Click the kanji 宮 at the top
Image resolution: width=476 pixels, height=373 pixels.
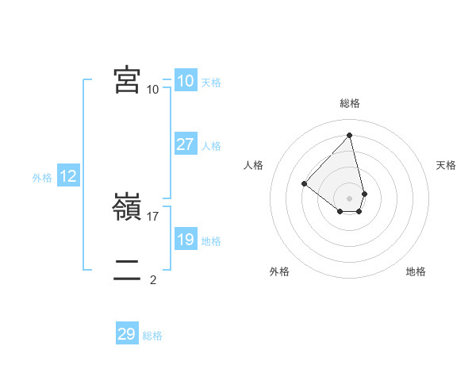click(x=127, y=80)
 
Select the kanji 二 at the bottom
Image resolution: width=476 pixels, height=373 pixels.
click(x=127, y=270)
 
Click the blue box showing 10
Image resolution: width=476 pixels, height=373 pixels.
click(x=185, y=81)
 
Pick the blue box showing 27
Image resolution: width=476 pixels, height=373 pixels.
click(x=185, y=144)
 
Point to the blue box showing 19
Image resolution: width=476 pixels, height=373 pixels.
click(x=185, y=240)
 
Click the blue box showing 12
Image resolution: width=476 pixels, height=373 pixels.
click(x=68, y=176)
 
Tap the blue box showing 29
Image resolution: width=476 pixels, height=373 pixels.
click(x=127, y=334)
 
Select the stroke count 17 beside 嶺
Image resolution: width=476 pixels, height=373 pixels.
click(x=154, y=216)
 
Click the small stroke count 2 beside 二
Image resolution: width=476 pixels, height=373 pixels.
click(x=153, y=279)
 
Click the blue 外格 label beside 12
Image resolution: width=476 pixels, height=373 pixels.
click(x=42, y=178)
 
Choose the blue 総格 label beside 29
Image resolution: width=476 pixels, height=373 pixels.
click(x=152, y=336)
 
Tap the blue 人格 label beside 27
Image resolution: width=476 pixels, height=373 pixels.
click(x=211, y=146)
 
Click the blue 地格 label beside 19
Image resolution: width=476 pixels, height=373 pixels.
click(x=211, y=241)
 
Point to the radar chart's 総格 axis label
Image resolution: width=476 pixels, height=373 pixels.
click(x=350, y=103)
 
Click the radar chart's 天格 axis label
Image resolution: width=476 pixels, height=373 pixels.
click(x=447, y=165)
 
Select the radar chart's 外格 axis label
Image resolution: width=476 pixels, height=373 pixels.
click(x=279, y=271)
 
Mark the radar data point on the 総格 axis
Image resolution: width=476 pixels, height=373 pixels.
click(x=350, y=135)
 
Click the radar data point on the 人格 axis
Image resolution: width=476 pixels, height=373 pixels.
click(x=304, y=183)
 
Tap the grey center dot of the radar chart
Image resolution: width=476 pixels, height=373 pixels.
click(x=350, y=198)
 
